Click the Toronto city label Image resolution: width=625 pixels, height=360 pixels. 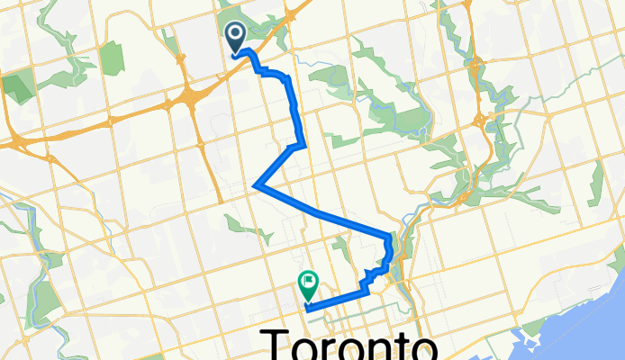(x=349, y=345)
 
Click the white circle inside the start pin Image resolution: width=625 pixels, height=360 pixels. (x=236, y=34)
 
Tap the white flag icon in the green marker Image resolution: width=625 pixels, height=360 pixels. (x=309, y=282)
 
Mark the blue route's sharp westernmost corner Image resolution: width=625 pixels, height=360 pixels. (x=257, y=185)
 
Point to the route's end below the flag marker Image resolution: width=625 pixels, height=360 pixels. (x=308, y=309)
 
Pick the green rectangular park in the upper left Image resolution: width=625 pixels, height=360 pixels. (x=111, y=58)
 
